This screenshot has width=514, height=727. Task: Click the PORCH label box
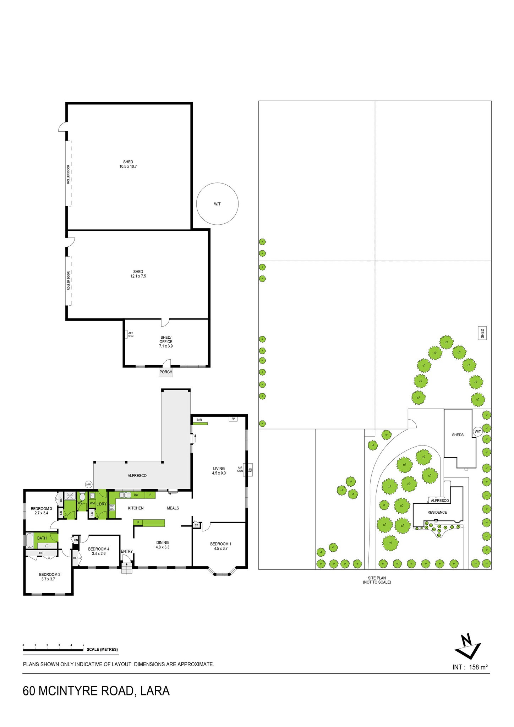[166, 372]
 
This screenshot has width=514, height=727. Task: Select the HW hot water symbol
[88, 485]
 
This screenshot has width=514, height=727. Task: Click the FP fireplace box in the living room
[233, 419]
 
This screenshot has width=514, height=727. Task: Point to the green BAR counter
[200, 423]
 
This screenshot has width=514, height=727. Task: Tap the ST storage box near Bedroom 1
[196, 525]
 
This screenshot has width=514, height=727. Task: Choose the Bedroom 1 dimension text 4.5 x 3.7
[220, 548]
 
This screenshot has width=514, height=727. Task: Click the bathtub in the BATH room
[29, 541]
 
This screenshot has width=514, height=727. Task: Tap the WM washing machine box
[92, 503]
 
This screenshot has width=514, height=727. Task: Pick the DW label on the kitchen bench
[136, 495]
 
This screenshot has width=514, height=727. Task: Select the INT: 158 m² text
[470, 667]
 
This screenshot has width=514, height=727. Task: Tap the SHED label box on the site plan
[482, 333]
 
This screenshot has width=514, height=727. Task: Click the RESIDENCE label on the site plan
[437, 512]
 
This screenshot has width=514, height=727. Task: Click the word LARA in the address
[155, 691]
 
